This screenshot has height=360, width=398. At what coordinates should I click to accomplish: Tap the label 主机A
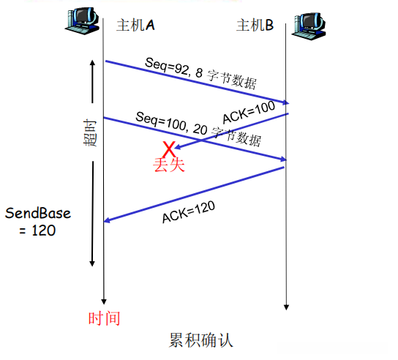[x=135, y=26]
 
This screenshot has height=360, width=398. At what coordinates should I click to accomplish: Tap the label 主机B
[x=255, y=26]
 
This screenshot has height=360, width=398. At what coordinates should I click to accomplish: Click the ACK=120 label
[x=188, y=209]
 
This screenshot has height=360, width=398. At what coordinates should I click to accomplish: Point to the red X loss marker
[x=170, y=149]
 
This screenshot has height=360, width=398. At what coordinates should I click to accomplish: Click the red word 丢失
[x=169, y=165]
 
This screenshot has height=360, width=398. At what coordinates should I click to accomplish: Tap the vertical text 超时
[x=89, y=132]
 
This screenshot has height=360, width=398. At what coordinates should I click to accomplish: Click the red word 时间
[x=103, y=318]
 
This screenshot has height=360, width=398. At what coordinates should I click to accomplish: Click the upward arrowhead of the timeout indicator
[x=92, y=64]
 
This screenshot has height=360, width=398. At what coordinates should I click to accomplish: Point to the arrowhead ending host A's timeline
[x=104, y=300]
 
